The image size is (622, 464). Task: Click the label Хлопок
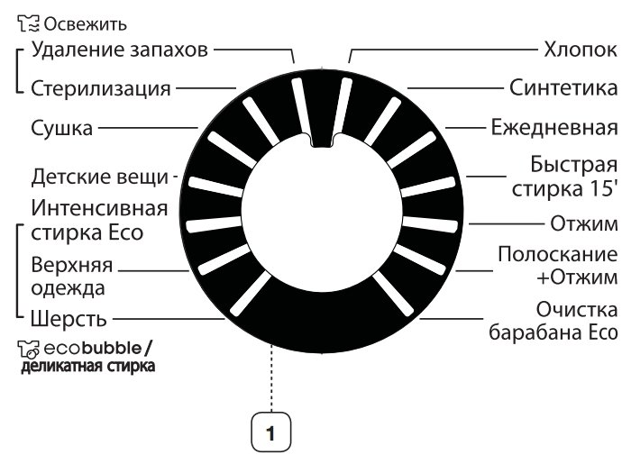point(580,50)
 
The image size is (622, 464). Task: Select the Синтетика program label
point(563,88)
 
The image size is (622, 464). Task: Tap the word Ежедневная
point(554,128)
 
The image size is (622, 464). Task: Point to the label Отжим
point(583,223)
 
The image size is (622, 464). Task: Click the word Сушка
point(62,128)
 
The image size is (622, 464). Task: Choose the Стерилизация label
point(101,89)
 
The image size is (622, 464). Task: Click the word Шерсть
point(69,319)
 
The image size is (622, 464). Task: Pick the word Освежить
point(86,24)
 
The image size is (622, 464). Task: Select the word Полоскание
point(557,254)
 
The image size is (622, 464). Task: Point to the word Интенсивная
point(99,208)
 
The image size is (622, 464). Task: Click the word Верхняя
point(72,265)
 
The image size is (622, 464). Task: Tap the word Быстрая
point(574,166)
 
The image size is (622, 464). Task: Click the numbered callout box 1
point(271,432)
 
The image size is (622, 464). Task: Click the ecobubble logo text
point(93,348)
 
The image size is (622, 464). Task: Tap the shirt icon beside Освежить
point(29,23)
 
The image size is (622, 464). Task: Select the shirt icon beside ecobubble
point(29,349)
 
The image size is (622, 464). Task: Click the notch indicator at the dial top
point(322,140)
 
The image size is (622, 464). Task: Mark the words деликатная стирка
point(87,366)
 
